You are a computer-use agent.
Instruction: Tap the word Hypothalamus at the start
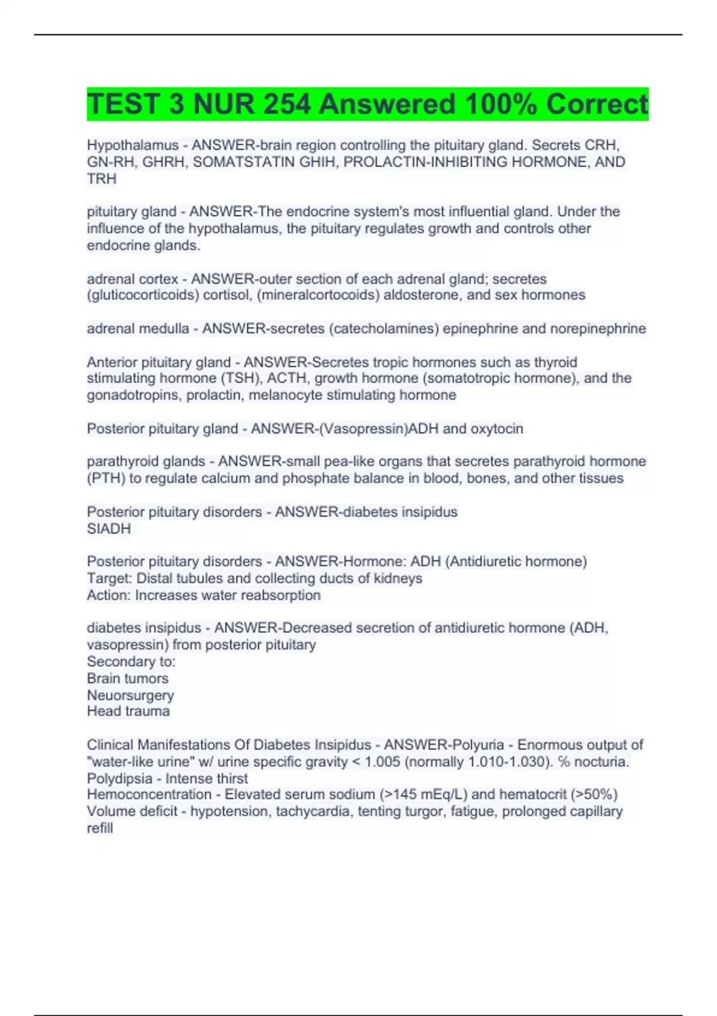(x=133, y=145)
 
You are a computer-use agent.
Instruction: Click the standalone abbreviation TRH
(x=102, y=179)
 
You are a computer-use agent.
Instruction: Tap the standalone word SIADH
(x=109, y=528)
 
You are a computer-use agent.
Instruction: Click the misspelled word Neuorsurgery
(x=130, y=695)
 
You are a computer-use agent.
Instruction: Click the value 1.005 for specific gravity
(x=381, y=762)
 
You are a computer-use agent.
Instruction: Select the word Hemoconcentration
(x=149, y=795)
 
